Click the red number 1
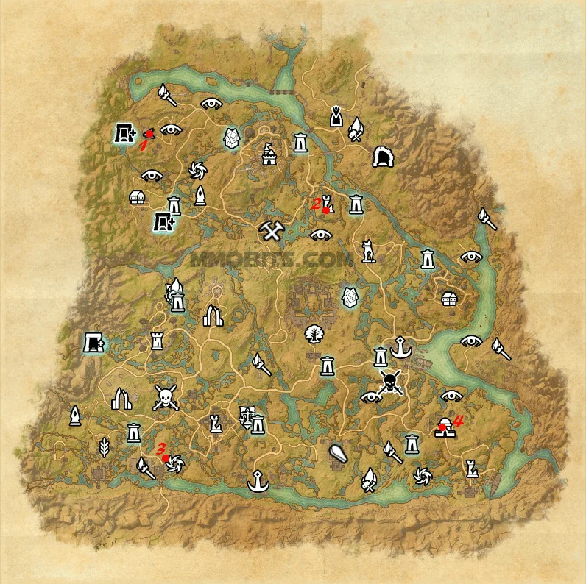tap(144, 145)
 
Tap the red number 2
tap(316, 202)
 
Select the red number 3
tap(162, 447)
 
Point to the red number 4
tap(458, 421)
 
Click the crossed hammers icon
tap(272, 232)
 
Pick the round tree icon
tap(314, 333)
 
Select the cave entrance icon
tap(383, 157)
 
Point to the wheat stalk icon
tap(104, 446)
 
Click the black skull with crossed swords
tap(390, 382)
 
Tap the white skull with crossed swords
tap(166, 398)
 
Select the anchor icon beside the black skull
tap(401, 346)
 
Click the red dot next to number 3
tap(166, 457)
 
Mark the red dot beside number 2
tap(325, 210)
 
